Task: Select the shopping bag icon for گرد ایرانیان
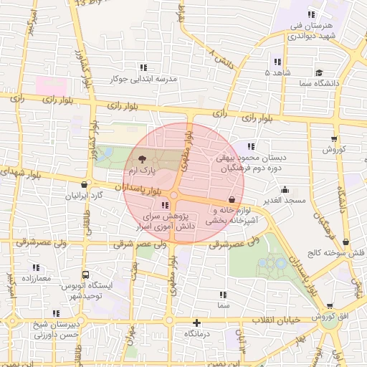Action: (x=85, y=185)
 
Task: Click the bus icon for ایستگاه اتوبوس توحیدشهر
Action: (x=86, y=274)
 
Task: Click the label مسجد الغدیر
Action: (x=285, y=201)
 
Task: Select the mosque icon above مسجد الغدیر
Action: (x=285, y=189)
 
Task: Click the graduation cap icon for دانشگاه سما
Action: (x=319, y=72)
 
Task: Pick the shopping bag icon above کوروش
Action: (x=334, y=138)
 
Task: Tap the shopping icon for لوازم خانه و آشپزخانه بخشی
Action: (x=231, y=200)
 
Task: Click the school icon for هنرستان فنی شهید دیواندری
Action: (x=311, y=14)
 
